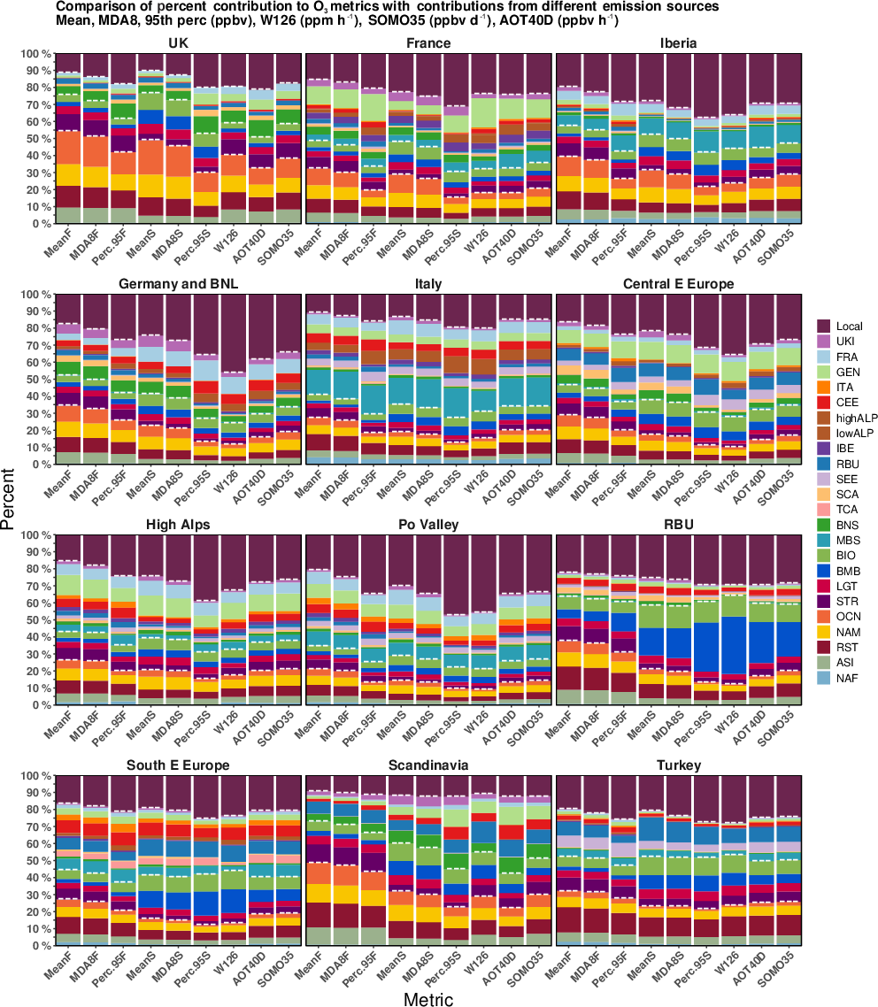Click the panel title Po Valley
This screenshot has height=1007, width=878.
[427, 525]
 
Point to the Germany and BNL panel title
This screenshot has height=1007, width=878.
[178, 284]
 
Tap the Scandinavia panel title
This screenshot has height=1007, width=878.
[427, 765]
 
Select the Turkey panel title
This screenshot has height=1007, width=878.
[678, 765]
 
